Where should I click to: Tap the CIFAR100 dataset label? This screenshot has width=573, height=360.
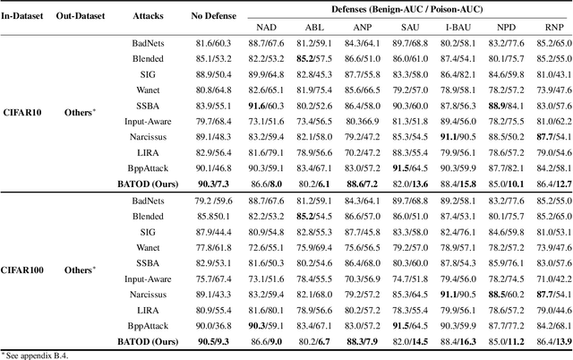point(30,269)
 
